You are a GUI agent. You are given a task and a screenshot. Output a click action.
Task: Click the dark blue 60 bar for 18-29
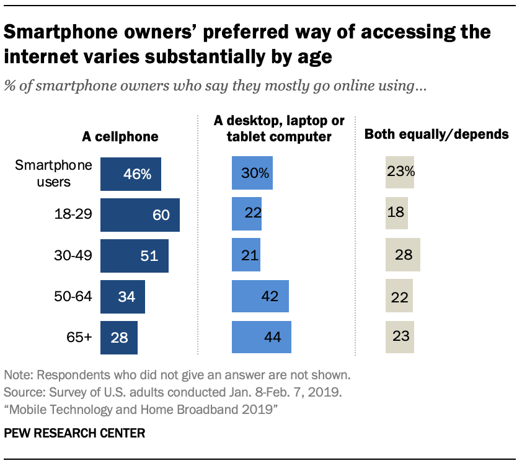tap(139, 215)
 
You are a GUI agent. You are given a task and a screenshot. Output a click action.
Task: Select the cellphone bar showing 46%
tap(130, 174)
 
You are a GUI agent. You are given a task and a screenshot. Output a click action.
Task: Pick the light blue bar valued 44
tap(261, 338)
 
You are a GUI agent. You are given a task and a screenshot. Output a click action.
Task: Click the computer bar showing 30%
tap(251, 174)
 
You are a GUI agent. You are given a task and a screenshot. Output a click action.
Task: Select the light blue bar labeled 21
tap(246, 255)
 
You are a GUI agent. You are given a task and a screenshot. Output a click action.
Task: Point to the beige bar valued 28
tap(402, 255)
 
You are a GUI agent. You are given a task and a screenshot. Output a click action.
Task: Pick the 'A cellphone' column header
tap(120, 136)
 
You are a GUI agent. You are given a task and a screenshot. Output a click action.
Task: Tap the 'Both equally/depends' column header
tap(436, 134)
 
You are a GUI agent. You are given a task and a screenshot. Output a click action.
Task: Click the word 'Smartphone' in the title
tap(66, 32)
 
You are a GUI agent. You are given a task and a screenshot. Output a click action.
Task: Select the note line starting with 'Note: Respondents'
tap(177, 375)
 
